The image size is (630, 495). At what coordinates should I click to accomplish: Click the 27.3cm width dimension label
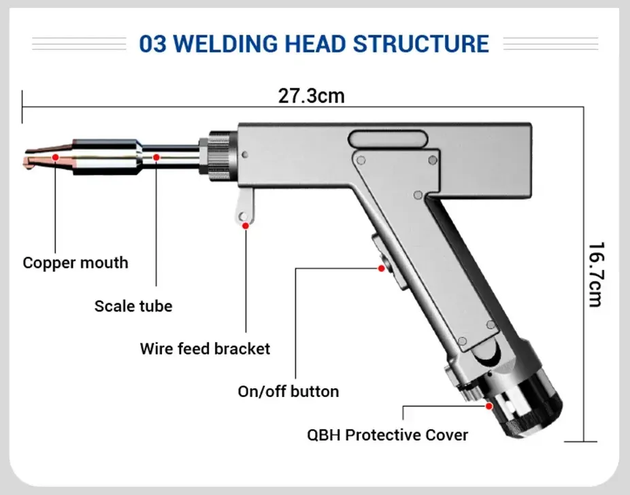pos(311,96)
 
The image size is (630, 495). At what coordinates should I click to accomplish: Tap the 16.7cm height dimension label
pos(595,274)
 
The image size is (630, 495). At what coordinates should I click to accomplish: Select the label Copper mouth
pos(76,262)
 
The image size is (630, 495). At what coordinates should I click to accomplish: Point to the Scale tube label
pos(133,306)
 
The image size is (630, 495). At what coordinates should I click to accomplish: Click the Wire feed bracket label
pos(205,349)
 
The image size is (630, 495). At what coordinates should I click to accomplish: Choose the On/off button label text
pos(288,391)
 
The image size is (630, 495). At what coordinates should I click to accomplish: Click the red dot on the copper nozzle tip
pos(54,157)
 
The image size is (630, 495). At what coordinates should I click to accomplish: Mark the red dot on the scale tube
pos(156,157)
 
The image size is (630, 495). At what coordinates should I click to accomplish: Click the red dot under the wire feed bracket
pos(246,225)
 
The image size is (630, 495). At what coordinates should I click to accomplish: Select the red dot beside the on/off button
pos(382,269)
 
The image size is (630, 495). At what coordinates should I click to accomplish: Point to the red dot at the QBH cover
pos(488,406)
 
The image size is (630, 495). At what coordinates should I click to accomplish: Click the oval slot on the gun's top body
pos(388,139)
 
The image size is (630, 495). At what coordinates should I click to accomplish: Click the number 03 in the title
pos(154,44)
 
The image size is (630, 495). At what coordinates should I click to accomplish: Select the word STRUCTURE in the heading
pos(420,44)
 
